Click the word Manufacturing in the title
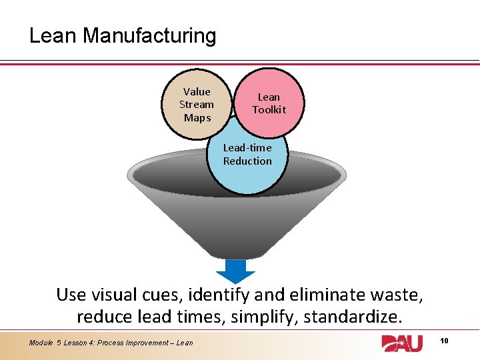point(149,35)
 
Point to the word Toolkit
point(269,110)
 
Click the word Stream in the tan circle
point(197,105)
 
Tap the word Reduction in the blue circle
point(247,161)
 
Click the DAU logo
point(401,343)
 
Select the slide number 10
point(445,341)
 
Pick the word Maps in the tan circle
point(197,118)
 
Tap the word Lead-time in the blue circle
point(247,148)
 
